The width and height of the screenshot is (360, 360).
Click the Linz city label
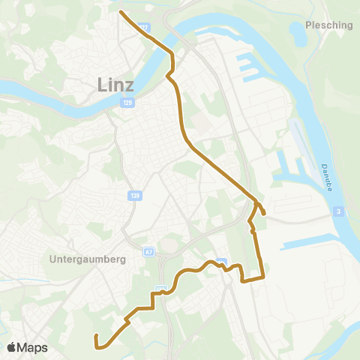click(x=116, y=85)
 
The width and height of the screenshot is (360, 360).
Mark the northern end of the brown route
click(x=121, y=11)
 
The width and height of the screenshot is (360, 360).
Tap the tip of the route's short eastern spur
click(x=264, y=221)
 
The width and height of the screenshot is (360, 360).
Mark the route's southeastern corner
click(x=262, y=278)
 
